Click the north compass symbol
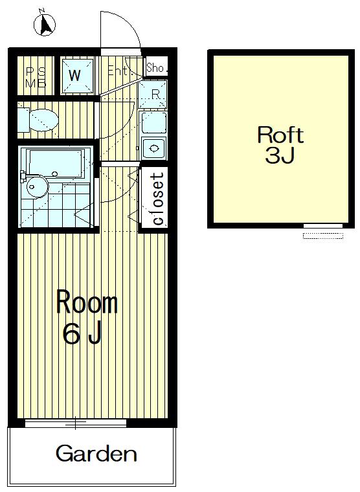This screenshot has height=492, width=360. tap(45, 24)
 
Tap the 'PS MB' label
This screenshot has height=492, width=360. tap(36, 78)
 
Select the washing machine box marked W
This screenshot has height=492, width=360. tap(78, 76)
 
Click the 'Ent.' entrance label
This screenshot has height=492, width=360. tap(118, 71)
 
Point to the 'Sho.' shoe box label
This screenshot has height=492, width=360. tap(155, 67)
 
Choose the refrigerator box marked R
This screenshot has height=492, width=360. tap(153, 94)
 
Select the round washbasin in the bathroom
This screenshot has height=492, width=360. tap(37, 186)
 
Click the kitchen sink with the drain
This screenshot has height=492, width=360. tap(154, 148)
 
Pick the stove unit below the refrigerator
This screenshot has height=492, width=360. tap(153, 122)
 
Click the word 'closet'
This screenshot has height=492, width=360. tap(158, 199)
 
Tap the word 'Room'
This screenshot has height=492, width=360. tap(87, 302)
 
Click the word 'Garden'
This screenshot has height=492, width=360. tap(96, 453)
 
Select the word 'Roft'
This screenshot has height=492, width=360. tap(280, 135)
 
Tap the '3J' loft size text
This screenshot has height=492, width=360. tap(280, 155)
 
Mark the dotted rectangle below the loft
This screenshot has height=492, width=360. tap(323, 236)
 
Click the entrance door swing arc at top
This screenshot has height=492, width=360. tap(128, 23)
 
